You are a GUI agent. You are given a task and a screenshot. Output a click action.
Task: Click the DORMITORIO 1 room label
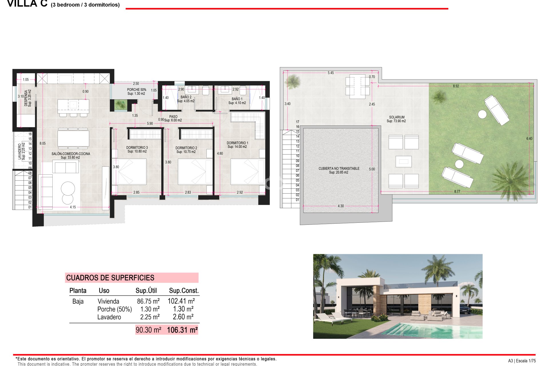(x=237, y=143)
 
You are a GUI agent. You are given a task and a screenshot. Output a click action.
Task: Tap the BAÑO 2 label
(x=186, y=97)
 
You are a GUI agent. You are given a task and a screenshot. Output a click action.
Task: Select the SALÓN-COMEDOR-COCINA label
(x=71, y=154)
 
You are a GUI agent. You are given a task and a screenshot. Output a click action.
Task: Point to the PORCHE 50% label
(x=136, y=90)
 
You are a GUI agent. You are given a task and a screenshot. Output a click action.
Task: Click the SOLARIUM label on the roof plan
(x=397, y=117)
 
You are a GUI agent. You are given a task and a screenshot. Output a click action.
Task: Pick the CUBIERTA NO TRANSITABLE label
(x=339, y=169)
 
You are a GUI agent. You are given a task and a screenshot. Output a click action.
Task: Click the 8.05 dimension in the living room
(x=43, y=144)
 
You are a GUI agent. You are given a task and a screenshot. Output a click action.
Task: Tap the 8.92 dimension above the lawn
(x=456, y=86)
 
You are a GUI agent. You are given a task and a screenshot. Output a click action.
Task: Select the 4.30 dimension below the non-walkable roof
(x=341, y=206)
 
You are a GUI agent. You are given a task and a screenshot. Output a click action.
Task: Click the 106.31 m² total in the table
(x=182, y=330)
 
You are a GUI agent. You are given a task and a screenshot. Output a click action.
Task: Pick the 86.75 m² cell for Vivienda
(x=148, y=301)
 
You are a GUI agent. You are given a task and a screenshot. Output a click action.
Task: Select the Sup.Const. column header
(x=184, y=291)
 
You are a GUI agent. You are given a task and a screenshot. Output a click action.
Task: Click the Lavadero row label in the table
(x=109, y=317)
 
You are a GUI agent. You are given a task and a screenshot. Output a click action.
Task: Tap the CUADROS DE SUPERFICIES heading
(x=110, y=278)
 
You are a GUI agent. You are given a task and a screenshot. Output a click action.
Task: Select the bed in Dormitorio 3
(x=129, y=172)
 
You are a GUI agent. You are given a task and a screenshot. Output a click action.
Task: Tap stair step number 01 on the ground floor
(x=30, y=207)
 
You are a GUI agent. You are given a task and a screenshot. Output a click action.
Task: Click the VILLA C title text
(x=27, y=4)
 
